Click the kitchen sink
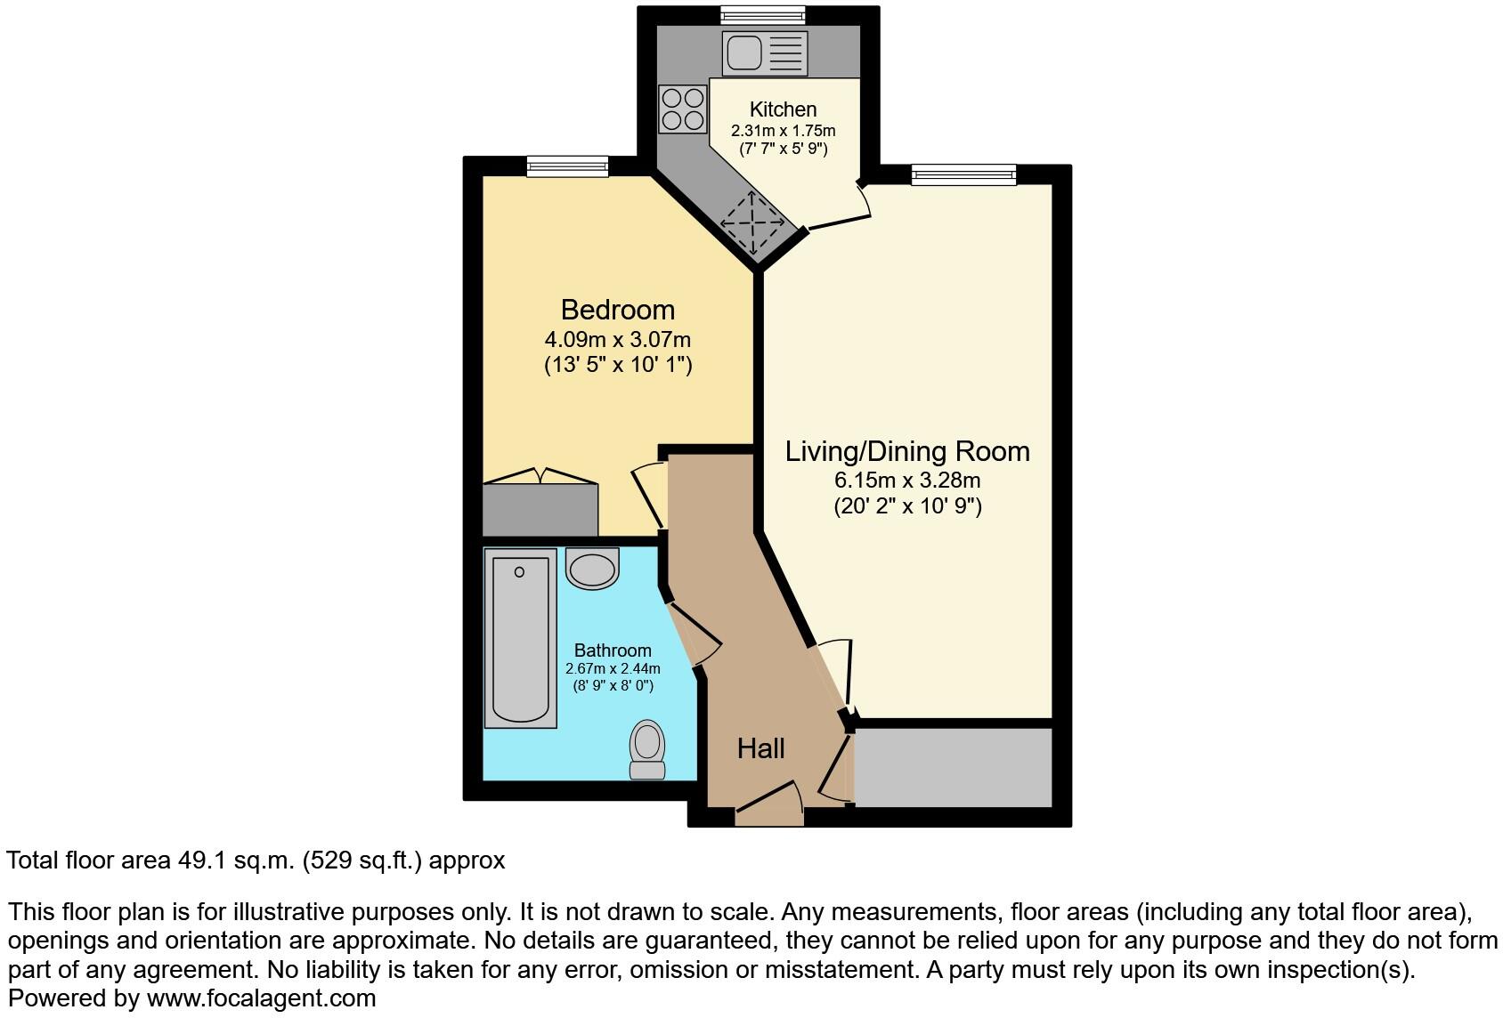[764, 53]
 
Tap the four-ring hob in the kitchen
[682, 109]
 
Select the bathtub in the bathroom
[519, 637]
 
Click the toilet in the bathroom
[647, 749]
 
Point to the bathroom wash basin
[592, 568]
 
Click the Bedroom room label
[618, 310]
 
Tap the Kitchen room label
[783, 109]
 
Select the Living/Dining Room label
[906, 451]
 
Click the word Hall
[760, 748]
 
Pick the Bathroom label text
[613, 650]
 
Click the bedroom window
[567, 166]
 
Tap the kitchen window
[762, 15]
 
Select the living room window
[963, 175]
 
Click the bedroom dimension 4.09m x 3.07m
[618, 339]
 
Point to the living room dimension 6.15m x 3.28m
[906, 481]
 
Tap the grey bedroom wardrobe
[540, 510]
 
